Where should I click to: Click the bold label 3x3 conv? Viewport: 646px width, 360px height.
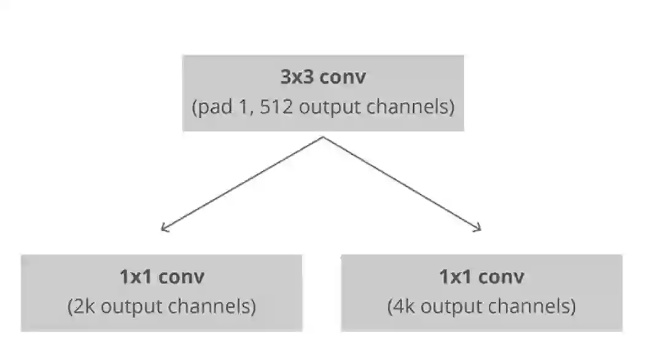point(322,77)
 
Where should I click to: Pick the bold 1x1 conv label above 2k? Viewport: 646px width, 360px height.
point(161,276)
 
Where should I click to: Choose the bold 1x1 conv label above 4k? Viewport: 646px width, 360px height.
point(481,276)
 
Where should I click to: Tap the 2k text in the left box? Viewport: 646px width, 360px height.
point(85,306)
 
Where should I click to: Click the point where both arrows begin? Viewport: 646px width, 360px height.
point(322,137)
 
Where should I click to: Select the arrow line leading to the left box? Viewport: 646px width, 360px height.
point(243,183)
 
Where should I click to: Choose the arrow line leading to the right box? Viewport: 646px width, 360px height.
point(401,183)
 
